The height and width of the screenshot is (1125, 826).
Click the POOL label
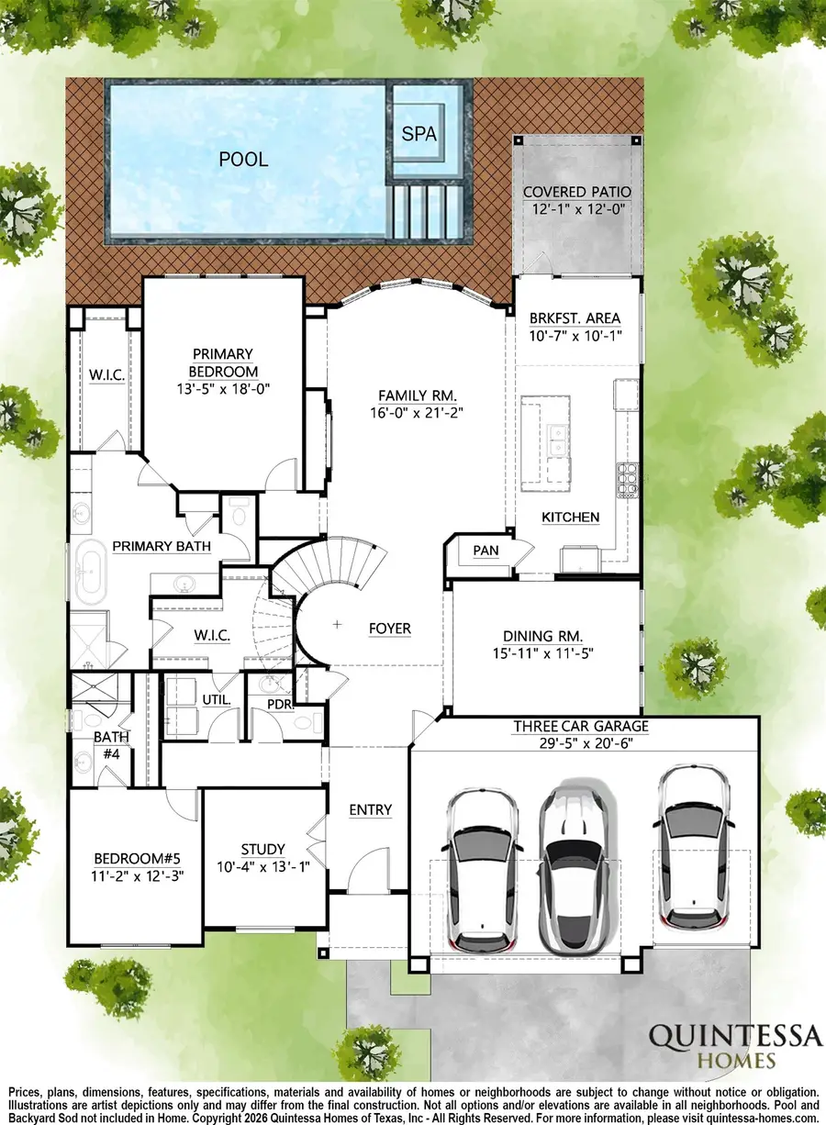point(243,160)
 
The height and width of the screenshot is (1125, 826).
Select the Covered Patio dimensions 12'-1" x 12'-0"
point(577,209)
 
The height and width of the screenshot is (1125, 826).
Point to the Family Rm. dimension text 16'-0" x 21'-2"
point(418,413)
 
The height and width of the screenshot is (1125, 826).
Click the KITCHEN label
point(570,518)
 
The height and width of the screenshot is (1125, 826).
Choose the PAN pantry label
point(485,551)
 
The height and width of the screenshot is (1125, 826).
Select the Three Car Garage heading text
point(580,727)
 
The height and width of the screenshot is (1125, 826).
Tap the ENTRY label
point(371,809)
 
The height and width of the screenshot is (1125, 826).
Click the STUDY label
point(262,849)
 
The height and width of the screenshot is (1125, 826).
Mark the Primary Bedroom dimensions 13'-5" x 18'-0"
point(222,388)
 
